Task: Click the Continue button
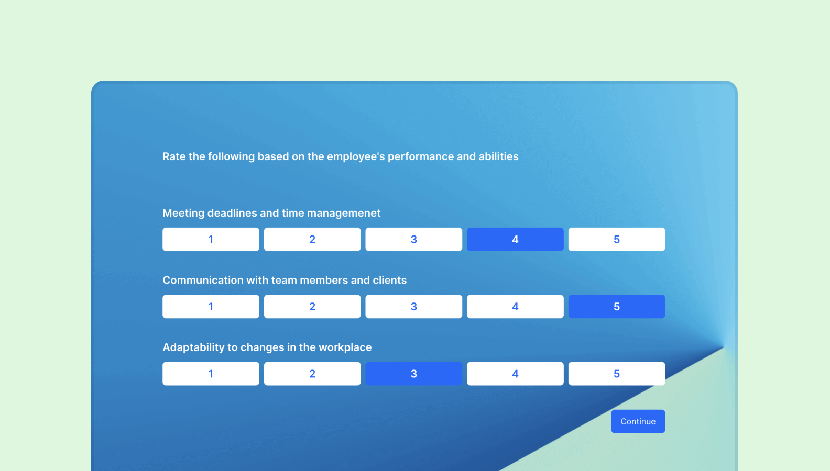click(x=638, y=421)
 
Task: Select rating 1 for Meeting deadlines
click(x=211, y=239)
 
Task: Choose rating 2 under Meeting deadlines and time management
click(x=312, y=239)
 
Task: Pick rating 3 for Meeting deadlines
click(x=413, y=239)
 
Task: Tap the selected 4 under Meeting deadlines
click(x=515, y=239)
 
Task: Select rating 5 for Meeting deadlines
click(x=617, y=239)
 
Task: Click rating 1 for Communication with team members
click(x=211, y=307)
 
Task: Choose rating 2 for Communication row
click(x=312, y=307)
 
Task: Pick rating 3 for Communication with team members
click(x=413, y=307)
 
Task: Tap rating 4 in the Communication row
click(x=515, y=307)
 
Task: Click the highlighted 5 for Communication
click(x=617, y=307)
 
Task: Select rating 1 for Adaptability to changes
click(x=211, y=374)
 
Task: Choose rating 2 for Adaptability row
click(x=312, y=374)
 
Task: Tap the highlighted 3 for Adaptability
click(x=413, y=374)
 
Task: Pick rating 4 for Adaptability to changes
click(x=515, y=374)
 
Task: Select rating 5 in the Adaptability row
click(x=617, y=374)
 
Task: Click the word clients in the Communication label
click(x=389, y=281)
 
